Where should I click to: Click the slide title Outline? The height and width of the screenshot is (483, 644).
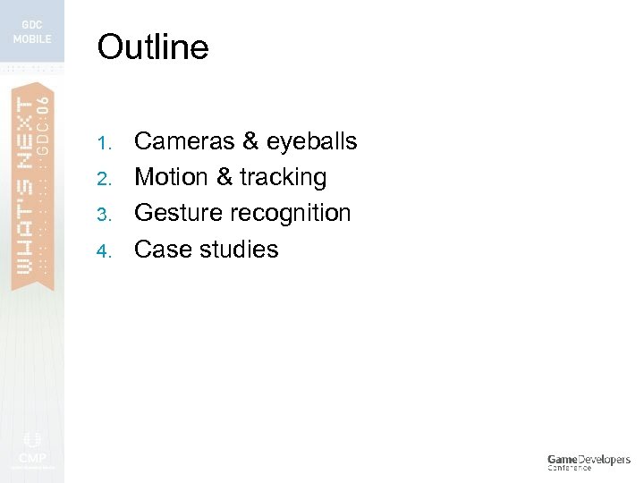click(152, 47)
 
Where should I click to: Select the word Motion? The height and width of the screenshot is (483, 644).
click(171, 177)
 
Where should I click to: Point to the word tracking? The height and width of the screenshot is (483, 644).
click(283, 178)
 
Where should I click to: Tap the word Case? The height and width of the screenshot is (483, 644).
click(159, 249)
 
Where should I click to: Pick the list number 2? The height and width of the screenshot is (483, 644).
click(104, 179)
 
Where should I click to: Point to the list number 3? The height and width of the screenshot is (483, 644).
click(104, 215)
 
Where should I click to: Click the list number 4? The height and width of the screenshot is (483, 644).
click(104, 250)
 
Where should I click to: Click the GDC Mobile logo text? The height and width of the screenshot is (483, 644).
click(31, 32)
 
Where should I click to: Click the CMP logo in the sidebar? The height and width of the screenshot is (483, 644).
click(32, 453)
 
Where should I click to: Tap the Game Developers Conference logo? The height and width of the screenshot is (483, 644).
click(589, 462)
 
